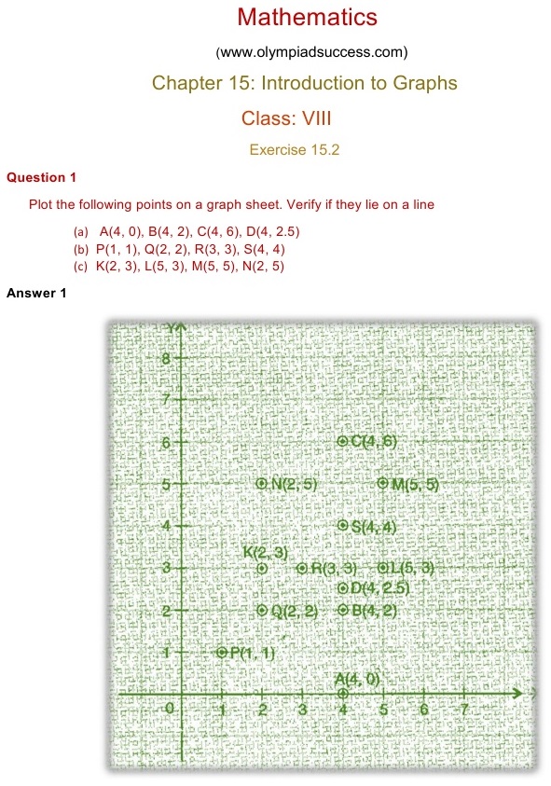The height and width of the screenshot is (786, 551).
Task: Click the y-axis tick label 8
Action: pos(166,358)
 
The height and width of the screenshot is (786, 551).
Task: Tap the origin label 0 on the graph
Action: pos(169,710)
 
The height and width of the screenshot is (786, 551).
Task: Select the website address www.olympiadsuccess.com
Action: pos(311,50)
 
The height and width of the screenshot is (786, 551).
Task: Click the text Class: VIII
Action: pos(286,118)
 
